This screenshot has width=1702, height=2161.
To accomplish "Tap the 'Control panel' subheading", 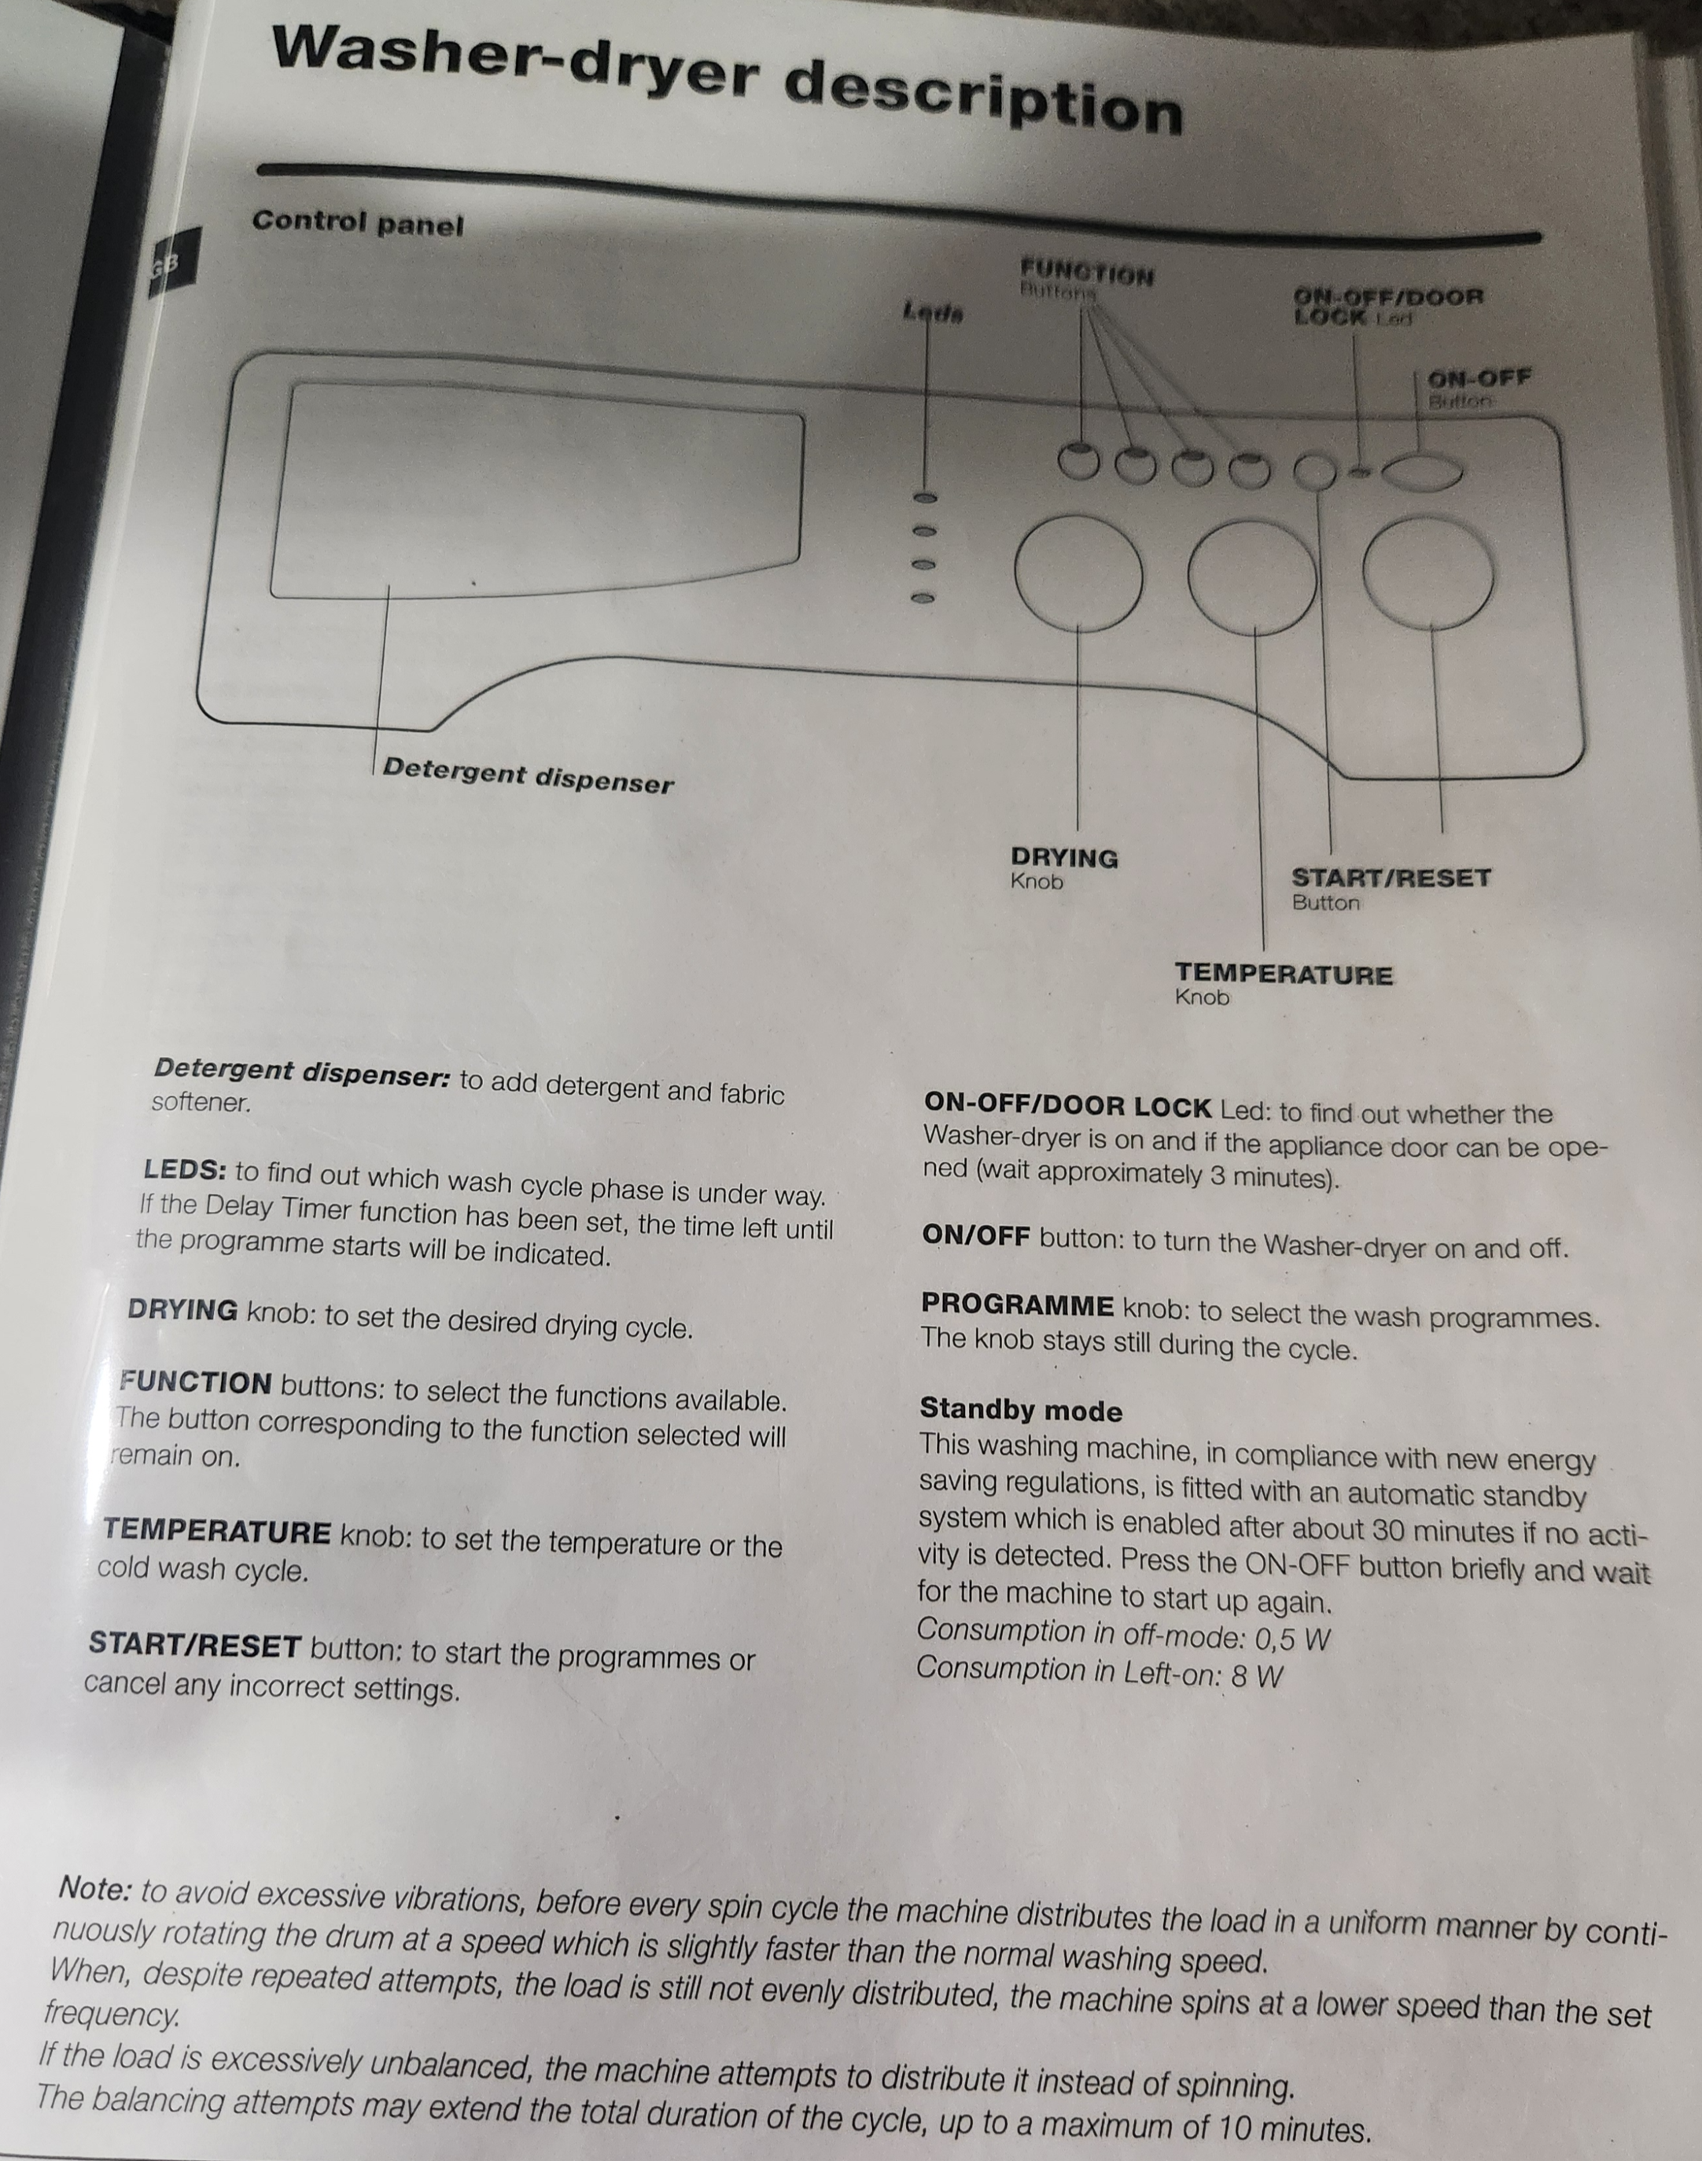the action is pyautogui.click(x=358, y=223).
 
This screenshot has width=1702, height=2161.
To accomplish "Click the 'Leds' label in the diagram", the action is pyautogui.click(x=933, y=313).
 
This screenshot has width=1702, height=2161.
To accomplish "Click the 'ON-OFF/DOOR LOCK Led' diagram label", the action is pyautogui.click(x=1388, y=306).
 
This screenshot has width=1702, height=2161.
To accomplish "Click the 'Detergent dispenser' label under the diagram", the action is pyautogui.click(x=528, y=775).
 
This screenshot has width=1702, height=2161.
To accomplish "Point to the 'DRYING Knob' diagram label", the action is pyautogui.click(x=1063, y=867).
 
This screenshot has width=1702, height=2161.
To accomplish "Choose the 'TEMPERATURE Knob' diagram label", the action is pyautogui.click(x=1283, y=983).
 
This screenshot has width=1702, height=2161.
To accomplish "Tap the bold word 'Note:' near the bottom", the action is pyautogui.click(x=94, y=1888).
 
